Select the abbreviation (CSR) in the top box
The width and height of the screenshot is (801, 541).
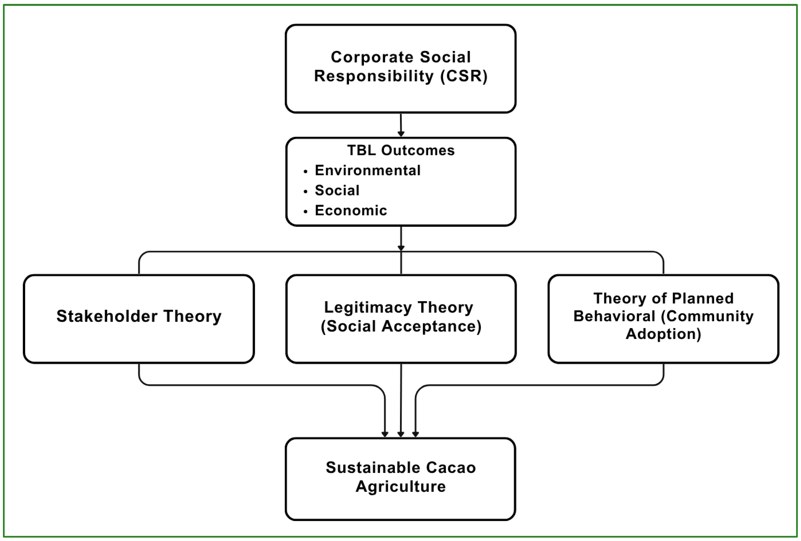coord(464,76)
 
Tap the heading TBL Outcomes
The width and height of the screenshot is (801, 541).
coord(400,150)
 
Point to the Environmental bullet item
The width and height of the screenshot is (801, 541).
coord(367,170)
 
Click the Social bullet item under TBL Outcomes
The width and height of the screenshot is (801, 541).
coord(337,190)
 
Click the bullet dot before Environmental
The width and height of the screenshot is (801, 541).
coord(305,171)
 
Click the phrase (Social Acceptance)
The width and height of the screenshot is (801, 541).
coord(400,326)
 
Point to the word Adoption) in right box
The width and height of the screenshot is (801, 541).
coord(663,334)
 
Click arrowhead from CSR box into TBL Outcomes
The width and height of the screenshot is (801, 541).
coord(401,134)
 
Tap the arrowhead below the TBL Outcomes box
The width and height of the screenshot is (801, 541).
coord(401,248)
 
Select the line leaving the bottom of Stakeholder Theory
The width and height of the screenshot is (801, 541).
coord(139,374)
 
